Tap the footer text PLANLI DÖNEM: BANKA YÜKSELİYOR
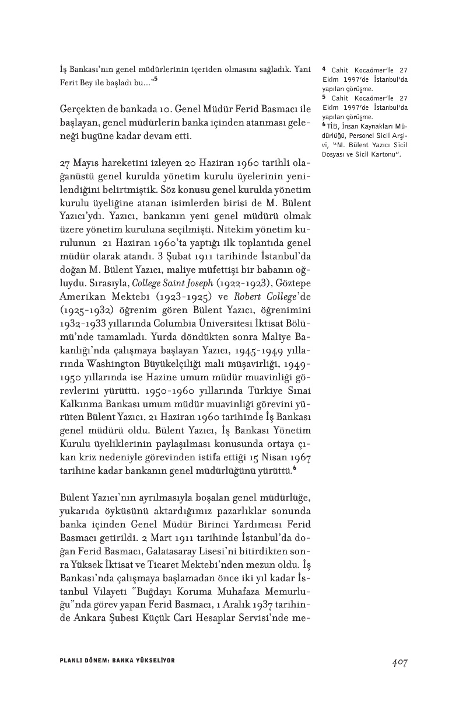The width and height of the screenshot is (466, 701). pyautogui.click(x=117, y=660)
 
